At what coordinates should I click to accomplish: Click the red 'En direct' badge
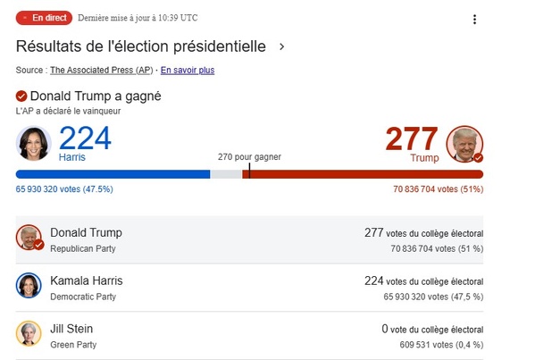pyautogui.click(x=43, y=17)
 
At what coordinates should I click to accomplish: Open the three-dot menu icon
pyautogui.click(x=474, y=20)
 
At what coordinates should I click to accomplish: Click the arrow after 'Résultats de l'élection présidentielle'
pyautogui.click(x=281, y=46)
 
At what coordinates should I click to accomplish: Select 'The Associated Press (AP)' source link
pyautogui.click(x=101, y=70)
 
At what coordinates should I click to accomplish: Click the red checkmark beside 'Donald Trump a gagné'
pyautogui.click(x=21, y=96)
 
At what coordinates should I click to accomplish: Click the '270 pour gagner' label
pyautogui.click(x=249, y=156)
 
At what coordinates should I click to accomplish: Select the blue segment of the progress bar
pyautogui.click(x=113, y=174)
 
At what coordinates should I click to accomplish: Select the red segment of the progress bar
pyautogui.click(x=366, y=174)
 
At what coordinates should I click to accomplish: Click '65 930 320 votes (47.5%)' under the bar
pyautogui.click(x=64, y=189)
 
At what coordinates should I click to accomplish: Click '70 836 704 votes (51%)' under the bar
pyautogui.click(x=438, y=189)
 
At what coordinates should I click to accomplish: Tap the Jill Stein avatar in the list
pyautogui.click(x=29, y=334)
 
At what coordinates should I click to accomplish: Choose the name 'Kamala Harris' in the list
pyautogui.click(x=87, y=280)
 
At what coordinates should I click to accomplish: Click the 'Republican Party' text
pyautogui.click(x=84, y=248)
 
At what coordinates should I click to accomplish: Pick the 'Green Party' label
pyautogui.click(x=73, y=345)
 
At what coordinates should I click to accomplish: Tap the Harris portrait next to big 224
pyautogui.click(x=34, y=143)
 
